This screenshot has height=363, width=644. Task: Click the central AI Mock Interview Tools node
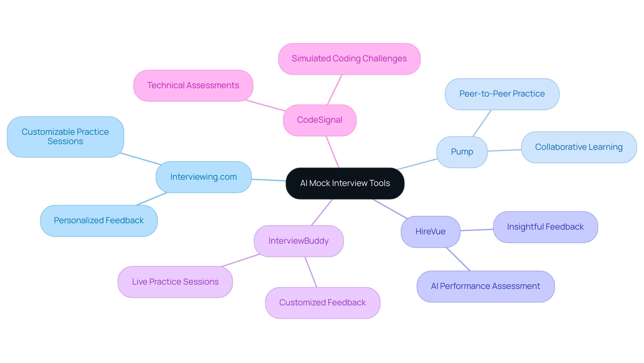coord(345,183)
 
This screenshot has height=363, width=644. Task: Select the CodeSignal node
coord(319,120)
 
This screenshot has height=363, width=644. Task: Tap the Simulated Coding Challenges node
coord(349,59)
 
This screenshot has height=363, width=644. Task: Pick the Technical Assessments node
coord(193,85)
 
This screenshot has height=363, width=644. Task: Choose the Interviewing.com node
coord(203,177)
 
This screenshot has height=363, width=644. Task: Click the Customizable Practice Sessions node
coord(65,137)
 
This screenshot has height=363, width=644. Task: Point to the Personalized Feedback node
coord(99,221)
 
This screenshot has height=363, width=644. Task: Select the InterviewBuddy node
coord(299,241)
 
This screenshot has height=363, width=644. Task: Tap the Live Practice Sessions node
coord(175,282)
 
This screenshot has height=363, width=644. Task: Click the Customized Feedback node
coord(322,303)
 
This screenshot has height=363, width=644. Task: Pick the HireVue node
coord(430,232)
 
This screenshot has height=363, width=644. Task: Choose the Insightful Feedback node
coord(545,227)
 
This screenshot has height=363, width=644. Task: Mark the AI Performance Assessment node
coord(485,286)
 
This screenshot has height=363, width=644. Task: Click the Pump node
coord(462,152)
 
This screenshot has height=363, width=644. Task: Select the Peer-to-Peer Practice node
coord(502,94)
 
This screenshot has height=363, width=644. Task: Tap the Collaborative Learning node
coord(579,147)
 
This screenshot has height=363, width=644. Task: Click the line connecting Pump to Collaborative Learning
coord(504,150)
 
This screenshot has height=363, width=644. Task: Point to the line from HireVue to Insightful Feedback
coord(477,230)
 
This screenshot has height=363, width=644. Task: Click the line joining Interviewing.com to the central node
coord(269,180)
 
